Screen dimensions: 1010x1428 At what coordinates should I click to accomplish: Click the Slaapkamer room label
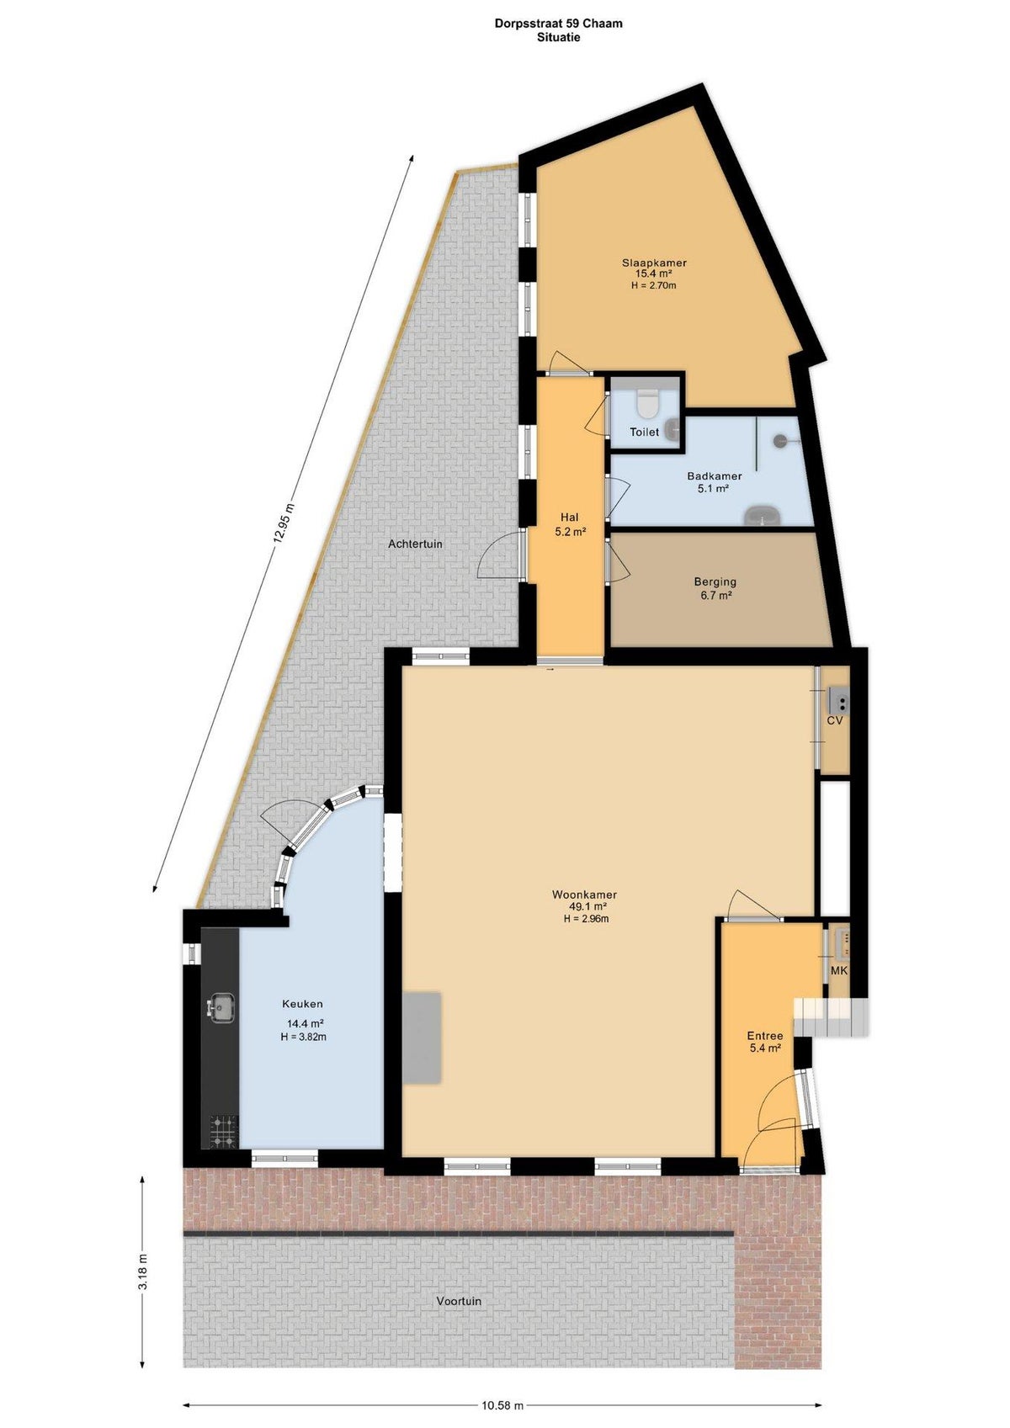pyautogui.click(x=654, y=262)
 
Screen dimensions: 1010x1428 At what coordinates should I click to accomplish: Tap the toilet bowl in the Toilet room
pyautogui.click(x=646, y=401)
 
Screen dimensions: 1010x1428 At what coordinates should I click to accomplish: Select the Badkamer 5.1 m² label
pyautogui.click(x=714, y=481)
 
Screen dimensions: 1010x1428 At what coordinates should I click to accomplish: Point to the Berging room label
pyautogui.click(x=715, y=581)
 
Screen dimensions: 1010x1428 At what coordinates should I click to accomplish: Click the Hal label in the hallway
pyautogui.click(x=570, y=517)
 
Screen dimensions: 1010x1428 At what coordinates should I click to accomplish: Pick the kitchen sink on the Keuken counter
pyautogui.click(x=221, y=1006)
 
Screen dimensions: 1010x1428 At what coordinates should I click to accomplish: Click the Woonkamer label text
pyautogui.click(x=585, y=894)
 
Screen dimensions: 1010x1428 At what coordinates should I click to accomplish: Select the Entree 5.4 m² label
pyautogui.click(x=765, y=1041)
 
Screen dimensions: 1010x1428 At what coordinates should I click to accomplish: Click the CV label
pyautogui.click(x=835, y=720)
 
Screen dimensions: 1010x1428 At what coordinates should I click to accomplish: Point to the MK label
pyautogui.click(x=839, y=970)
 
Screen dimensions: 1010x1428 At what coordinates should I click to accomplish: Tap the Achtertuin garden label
pyautogui.click(x=415, y=544)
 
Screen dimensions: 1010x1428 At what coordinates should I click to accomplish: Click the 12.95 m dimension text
pyautogui.click(x=283, y=523)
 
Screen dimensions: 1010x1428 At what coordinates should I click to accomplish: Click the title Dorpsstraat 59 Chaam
pyautogui.click(x=559, y=24)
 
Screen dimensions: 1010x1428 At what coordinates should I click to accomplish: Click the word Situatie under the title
pyautogui.click(x=559, y=38)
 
